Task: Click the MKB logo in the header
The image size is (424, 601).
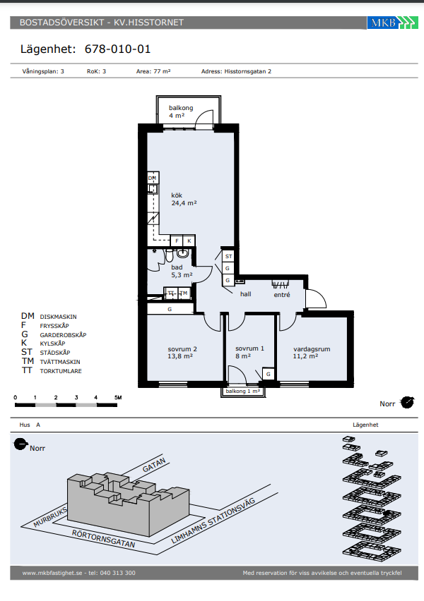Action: pos(392,23)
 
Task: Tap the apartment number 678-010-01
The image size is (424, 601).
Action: pos(117,49)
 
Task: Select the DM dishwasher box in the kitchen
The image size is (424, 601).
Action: pos(153,178)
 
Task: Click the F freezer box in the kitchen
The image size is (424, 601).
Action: pos(177,241)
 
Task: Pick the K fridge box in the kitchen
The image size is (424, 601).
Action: pos(189,241)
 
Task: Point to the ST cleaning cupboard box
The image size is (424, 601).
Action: pos(228,256)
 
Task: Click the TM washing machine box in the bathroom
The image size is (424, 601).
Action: pos(184,293)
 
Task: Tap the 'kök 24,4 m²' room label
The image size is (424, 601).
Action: pos(184,200)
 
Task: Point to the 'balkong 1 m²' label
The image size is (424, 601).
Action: pos(242,391)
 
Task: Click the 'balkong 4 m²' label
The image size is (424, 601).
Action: pos(180,111)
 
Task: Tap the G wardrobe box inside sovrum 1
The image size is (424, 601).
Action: pos(268,374)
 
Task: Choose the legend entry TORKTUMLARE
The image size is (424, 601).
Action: pos(61,371)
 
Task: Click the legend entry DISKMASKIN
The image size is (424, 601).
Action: pos(58,317)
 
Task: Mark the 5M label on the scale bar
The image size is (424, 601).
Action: pos(118,397)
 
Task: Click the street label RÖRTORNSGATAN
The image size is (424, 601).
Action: pos(103,539)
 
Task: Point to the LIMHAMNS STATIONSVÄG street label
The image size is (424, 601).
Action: pos(213,521)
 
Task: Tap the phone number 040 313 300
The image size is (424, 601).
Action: pos(117,573)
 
